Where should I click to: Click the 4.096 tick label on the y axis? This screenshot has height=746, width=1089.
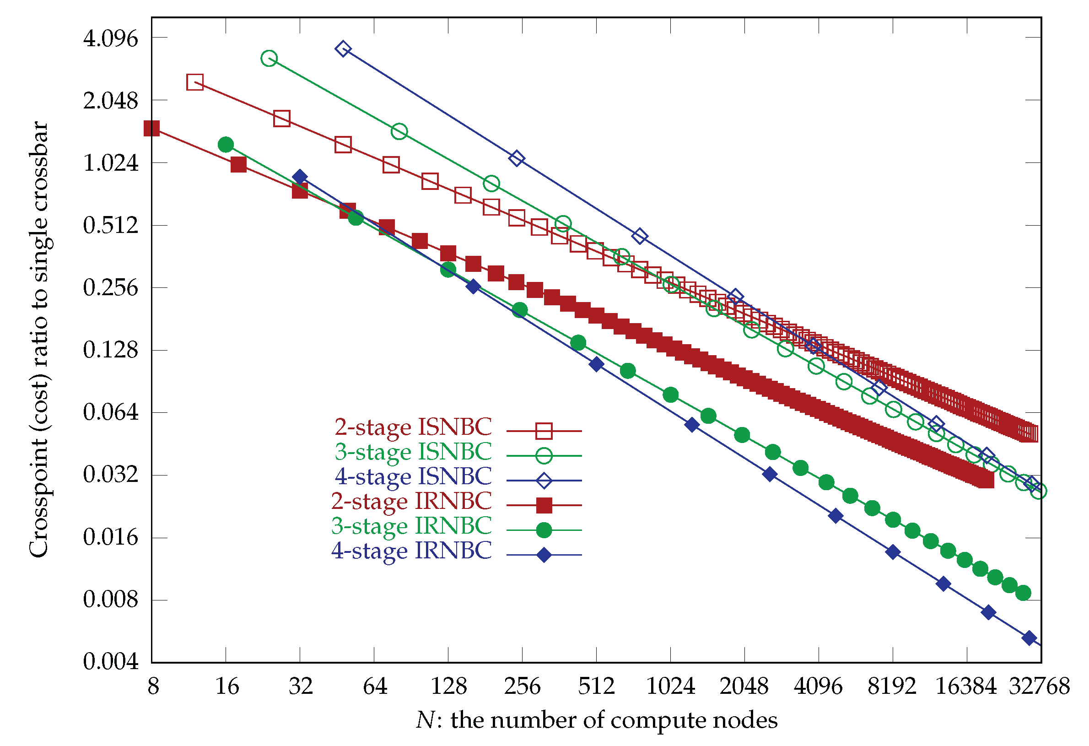point(111,38)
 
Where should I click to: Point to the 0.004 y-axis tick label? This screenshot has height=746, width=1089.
point(111,662)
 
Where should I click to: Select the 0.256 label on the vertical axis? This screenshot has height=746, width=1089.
point(111,287)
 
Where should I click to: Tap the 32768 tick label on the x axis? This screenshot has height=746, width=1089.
point(1039,687)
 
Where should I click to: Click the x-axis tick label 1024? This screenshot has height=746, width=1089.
point(670,687)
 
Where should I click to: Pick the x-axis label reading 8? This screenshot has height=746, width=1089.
point(153,687)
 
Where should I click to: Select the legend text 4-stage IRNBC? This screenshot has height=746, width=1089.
point(411,551)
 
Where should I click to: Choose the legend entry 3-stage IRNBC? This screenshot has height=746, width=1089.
point(411,526)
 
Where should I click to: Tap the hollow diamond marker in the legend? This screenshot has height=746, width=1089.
point(544,481)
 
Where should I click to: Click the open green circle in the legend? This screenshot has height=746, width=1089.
point(544,455)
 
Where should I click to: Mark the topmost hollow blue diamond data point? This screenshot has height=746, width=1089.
point(343,49)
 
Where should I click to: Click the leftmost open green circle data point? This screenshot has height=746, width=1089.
point(269,59)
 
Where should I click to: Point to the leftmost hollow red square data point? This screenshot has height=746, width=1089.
point(195,82)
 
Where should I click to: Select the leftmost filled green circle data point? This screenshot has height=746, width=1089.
point(226,144)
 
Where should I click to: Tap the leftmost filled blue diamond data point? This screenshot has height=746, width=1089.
point(300,177)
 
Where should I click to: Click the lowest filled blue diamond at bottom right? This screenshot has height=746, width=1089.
point(1029,638)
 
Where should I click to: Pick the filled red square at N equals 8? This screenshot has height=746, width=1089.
point(152,128)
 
